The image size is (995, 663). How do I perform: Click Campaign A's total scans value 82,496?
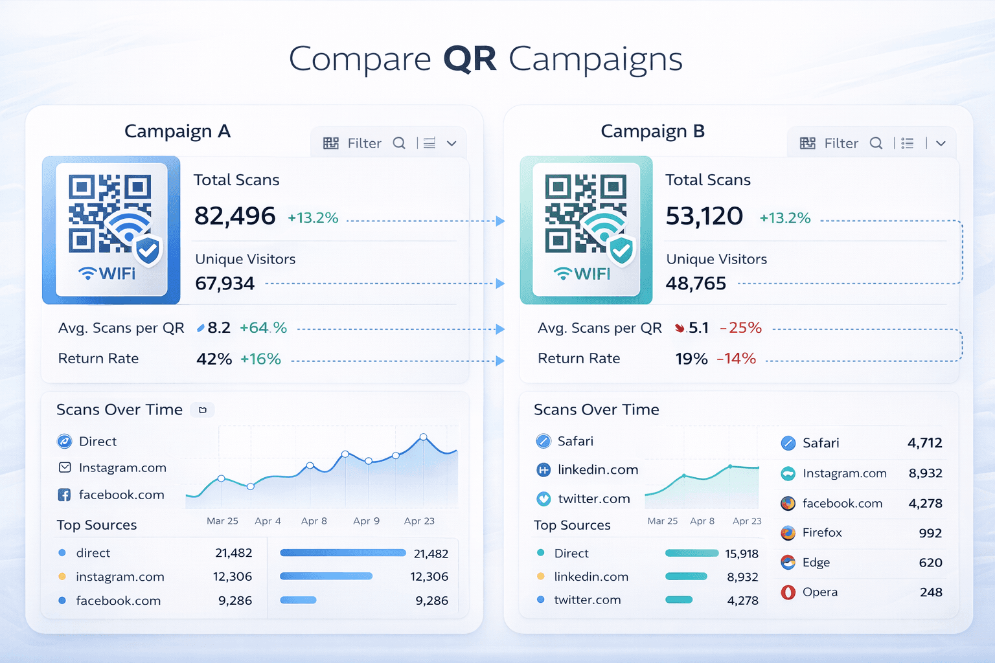point(235,216)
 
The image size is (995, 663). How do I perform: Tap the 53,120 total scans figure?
point(704,216)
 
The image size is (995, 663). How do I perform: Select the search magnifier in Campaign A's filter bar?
point(399,143)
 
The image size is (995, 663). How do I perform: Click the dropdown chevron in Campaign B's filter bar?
point(941,143)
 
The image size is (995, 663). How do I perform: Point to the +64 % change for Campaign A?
point(263,328)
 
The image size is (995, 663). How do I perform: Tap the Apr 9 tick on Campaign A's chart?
point(367,521)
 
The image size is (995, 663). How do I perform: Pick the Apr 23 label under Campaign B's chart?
point(747,521)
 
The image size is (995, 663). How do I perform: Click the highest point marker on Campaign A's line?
point(424,437)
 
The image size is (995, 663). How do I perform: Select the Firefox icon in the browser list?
point(788,533)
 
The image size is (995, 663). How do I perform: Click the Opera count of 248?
point(931,592)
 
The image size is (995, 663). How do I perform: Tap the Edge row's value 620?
point(930,563)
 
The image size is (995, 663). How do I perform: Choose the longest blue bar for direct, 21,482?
point(343,553)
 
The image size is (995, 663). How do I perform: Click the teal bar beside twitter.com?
point(679,600)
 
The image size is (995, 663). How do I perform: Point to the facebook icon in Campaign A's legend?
point(64,495)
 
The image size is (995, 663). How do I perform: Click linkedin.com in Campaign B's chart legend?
point(597,470)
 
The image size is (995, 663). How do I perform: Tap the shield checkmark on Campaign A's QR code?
point(148,250)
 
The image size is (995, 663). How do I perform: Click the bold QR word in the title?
point(470,59)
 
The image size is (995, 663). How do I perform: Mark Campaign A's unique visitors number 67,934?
point(225,284)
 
